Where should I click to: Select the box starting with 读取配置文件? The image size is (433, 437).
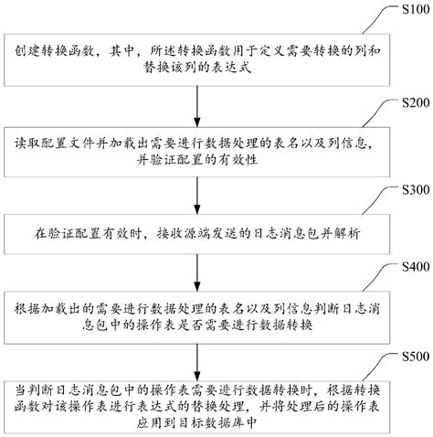coord(197,151)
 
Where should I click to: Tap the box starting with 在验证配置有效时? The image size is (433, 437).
coord(197,233)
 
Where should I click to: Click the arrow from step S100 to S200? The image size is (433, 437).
coord(197,106)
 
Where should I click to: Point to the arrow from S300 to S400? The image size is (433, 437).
coord(197,272)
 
